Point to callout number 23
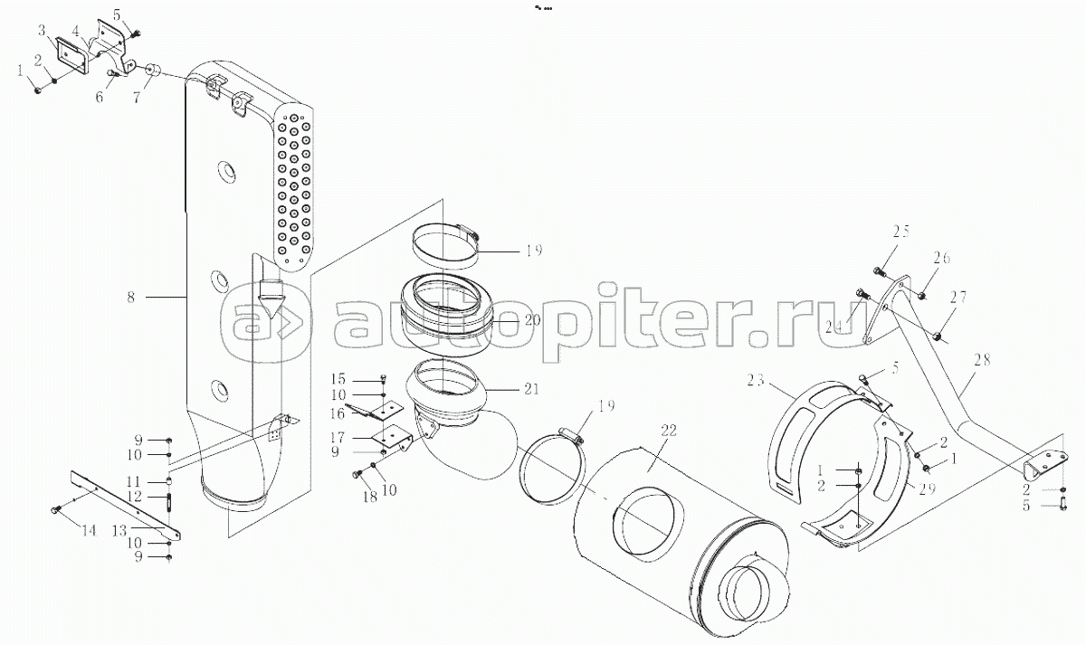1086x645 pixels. coord(757,380)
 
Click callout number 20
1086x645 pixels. coord(530,320)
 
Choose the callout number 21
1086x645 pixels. coord(530,389)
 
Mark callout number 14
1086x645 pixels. coord(88,531)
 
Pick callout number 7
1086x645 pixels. coord(136,97)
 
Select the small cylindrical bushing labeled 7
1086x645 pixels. coord(153,70)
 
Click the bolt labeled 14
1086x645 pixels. coord(56,511)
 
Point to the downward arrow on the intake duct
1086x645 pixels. coord(271,293)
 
